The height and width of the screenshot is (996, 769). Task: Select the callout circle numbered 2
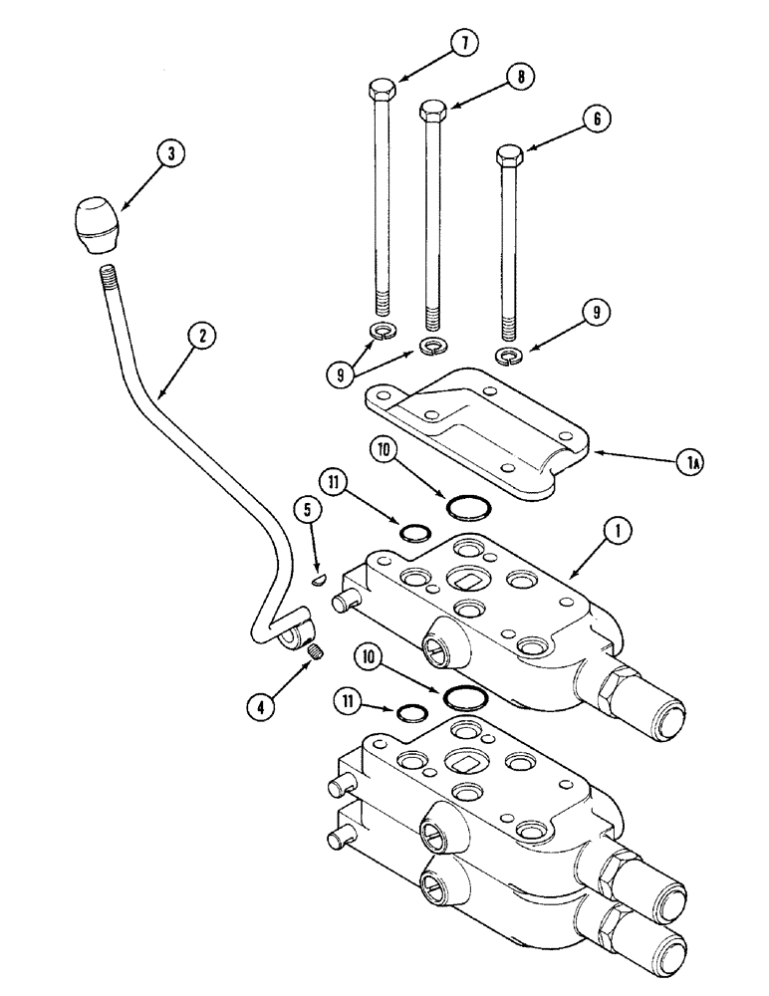tap(202, 338)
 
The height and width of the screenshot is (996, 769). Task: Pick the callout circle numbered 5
tap(307, 510)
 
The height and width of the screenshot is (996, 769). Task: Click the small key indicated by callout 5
tap(318, 578)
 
